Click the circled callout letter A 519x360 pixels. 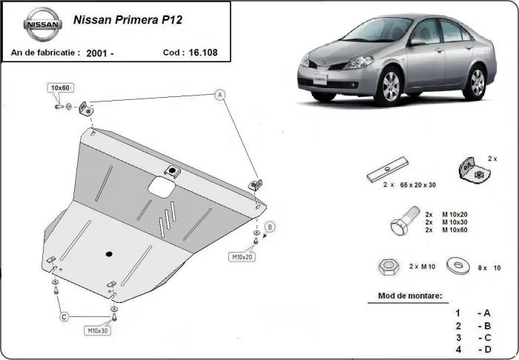click(219, 94)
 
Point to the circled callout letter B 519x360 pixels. click(271, 226)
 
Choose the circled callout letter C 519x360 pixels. click(65, 317)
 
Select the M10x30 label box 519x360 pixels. click(99, 330)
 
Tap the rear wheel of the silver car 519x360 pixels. click(477, 82)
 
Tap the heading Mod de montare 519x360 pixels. click(404, 296)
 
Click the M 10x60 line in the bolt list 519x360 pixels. click(453, 230)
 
